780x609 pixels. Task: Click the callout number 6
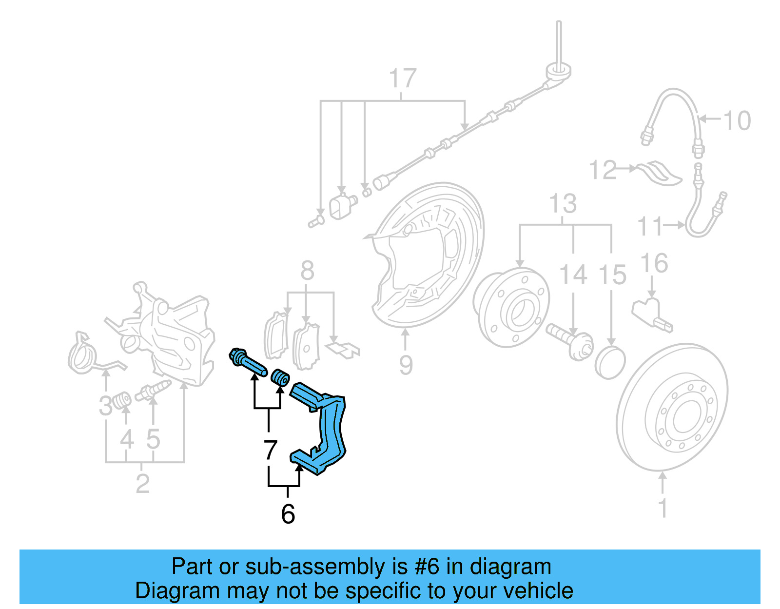coord(288,514)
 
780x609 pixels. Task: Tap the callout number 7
coord(271,450)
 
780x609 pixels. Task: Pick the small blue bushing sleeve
coord(280,377)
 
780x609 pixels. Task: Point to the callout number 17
coord(403,79)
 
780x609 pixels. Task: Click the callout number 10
coord(737,121)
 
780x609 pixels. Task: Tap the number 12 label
coord(603,170)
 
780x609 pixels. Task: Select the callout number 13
coord(563,204)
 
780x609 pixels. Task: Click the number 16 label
coord(654,263)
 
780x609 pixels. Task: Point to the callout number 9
coord(406,365)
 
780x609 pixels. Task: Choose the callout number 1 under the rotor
coord(663,508)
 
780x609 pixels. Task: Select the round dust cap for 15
coord(610,363)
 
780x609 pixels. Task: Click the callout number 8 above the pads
coord(307,271)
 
